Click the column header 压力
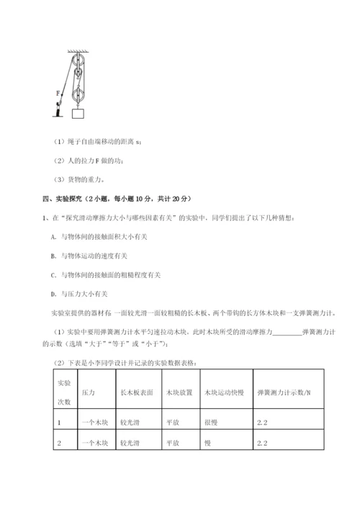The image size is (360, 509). click(x=89, y=392)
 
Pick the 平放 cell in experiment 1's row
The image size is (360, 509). click(x=172, y=423)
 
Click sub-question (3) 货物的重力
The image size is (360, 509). click(x=75, y=179)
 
